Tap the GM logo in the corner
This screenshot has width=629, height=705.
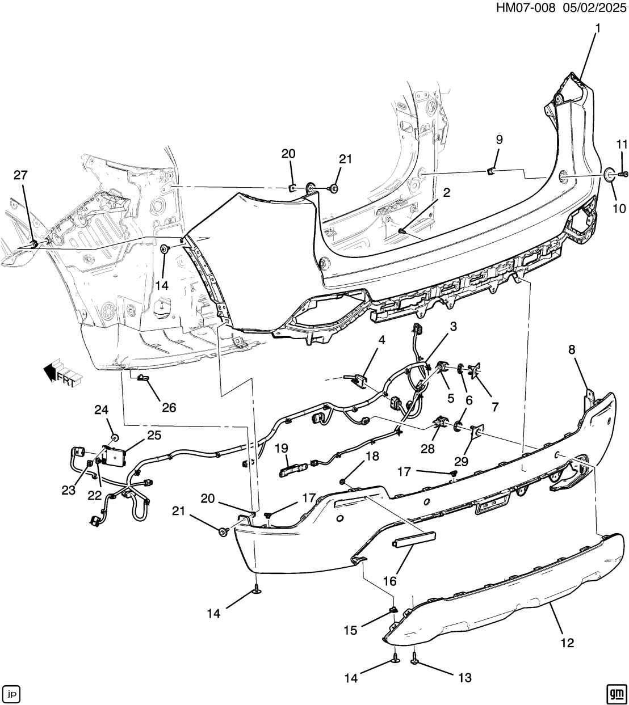click(615, 692)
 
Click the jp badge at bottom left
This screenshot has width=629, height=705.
click(12, 693)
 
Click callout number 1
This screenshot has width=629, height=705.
click(597, 27)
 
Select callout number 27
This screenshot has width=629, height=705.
click(20, 175)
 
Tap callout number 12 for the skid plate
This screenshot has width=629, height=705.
click(567, 643)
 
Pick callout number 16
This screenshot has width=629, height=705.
click(390, 580)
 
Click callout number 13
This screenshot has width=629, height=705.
click(464, 678)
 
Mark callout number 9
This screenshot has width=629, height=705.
click(499, 140)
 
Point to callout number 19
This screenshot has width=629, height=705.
click(282, 449)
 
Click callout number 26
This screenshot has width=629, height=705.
click(169, 407)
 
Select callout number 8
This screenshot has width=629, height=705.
click(572, 351)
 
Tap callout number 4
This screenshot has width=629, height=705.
click(381, 340)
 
